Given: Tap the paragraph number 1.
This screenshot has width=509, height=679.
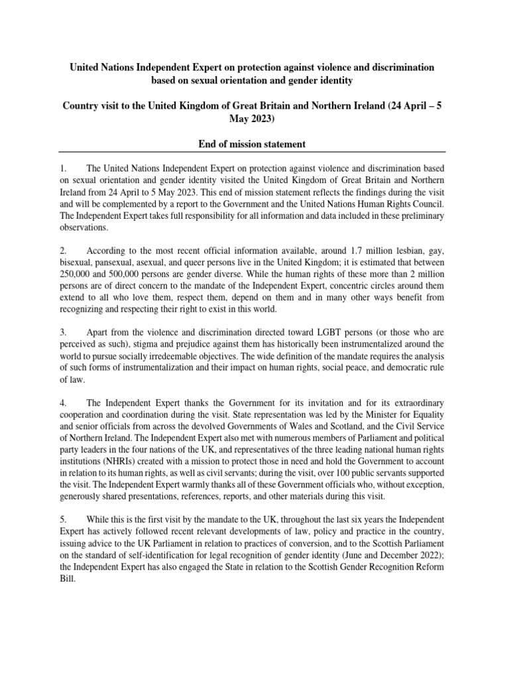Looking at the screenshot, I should coord(62,169).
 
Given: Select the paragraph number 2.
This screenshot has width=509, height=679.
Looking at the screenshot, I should coord(63,252).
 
